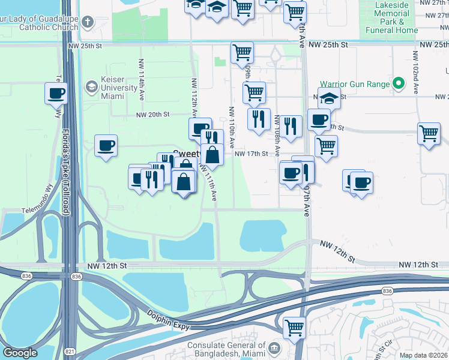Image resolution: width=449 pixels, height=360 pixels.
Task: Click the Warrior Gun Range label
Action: pos(355,84)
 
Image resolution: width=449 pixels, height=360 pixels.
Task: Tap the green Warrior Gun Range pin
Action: pos(398,84)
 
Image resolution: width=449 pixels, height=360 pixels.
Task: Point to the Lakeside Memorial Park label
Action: pos(391,17)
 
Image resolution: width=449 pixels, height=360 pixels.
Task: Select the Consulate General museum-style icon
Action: pos(273,349)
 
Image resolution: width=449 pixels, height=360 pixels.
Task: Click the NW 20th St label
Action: pos(153,115)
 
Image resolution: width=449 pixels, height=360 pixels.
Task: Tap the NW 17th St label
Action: pos(251,154)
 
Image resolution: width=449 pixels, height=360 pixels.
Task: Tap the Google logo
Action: pos(20,353)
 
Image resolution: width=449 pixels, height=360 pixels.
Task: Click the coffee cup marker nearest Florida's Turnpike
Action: pos(56,94)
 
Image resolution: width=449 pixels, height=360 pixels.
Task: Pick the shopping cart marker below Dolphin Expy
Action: pos(294,328)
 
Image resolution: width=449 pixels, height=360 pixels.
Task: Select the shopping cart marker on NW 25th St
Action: pos(242,52)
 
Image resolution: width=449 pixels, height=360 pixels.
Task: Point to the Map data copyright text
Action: pos(423,355)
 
